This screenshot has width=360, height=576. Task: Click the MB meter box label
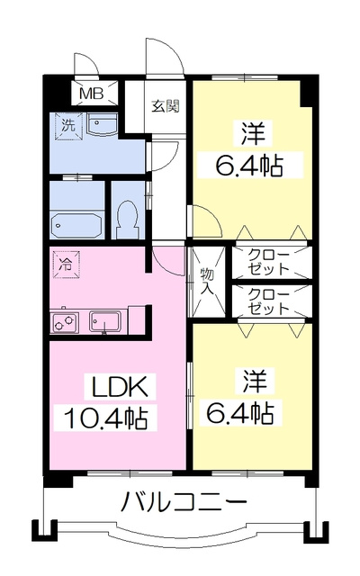[x=92, y=94]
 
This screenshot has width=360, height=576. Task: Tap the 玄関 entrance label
[x=166, y=106]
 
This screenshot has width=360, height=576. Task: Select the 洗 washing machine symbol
[x=67, y=126]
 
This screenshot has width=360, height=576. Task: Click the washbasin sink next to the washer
[x=102, y=124]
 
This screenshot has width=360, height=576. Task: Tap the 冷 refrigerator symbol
[x=66, y=264]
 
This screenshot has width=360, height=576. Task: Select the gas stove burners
[x=64, y=322]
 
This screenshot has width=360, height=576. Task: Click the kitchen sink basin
[x=105, y=322]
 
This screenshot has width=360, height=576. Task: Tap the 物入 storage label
[x=207, y=281]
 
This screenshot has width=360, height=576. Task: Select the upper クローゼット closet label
[x=268, y=262]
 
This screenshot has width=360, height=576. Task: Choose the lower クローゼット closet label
[x=268, y=301]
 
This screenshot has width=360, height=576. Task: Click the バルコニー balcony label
[x=184, y=502]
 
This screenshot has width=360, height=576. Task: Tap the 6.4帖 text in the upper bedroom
[x=249, y=166]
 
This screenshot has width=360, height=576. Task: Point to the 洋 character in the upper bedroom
[x=254, y=133]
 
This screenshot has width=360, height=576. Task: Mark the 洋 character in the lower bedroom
[x=254, y=381]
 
